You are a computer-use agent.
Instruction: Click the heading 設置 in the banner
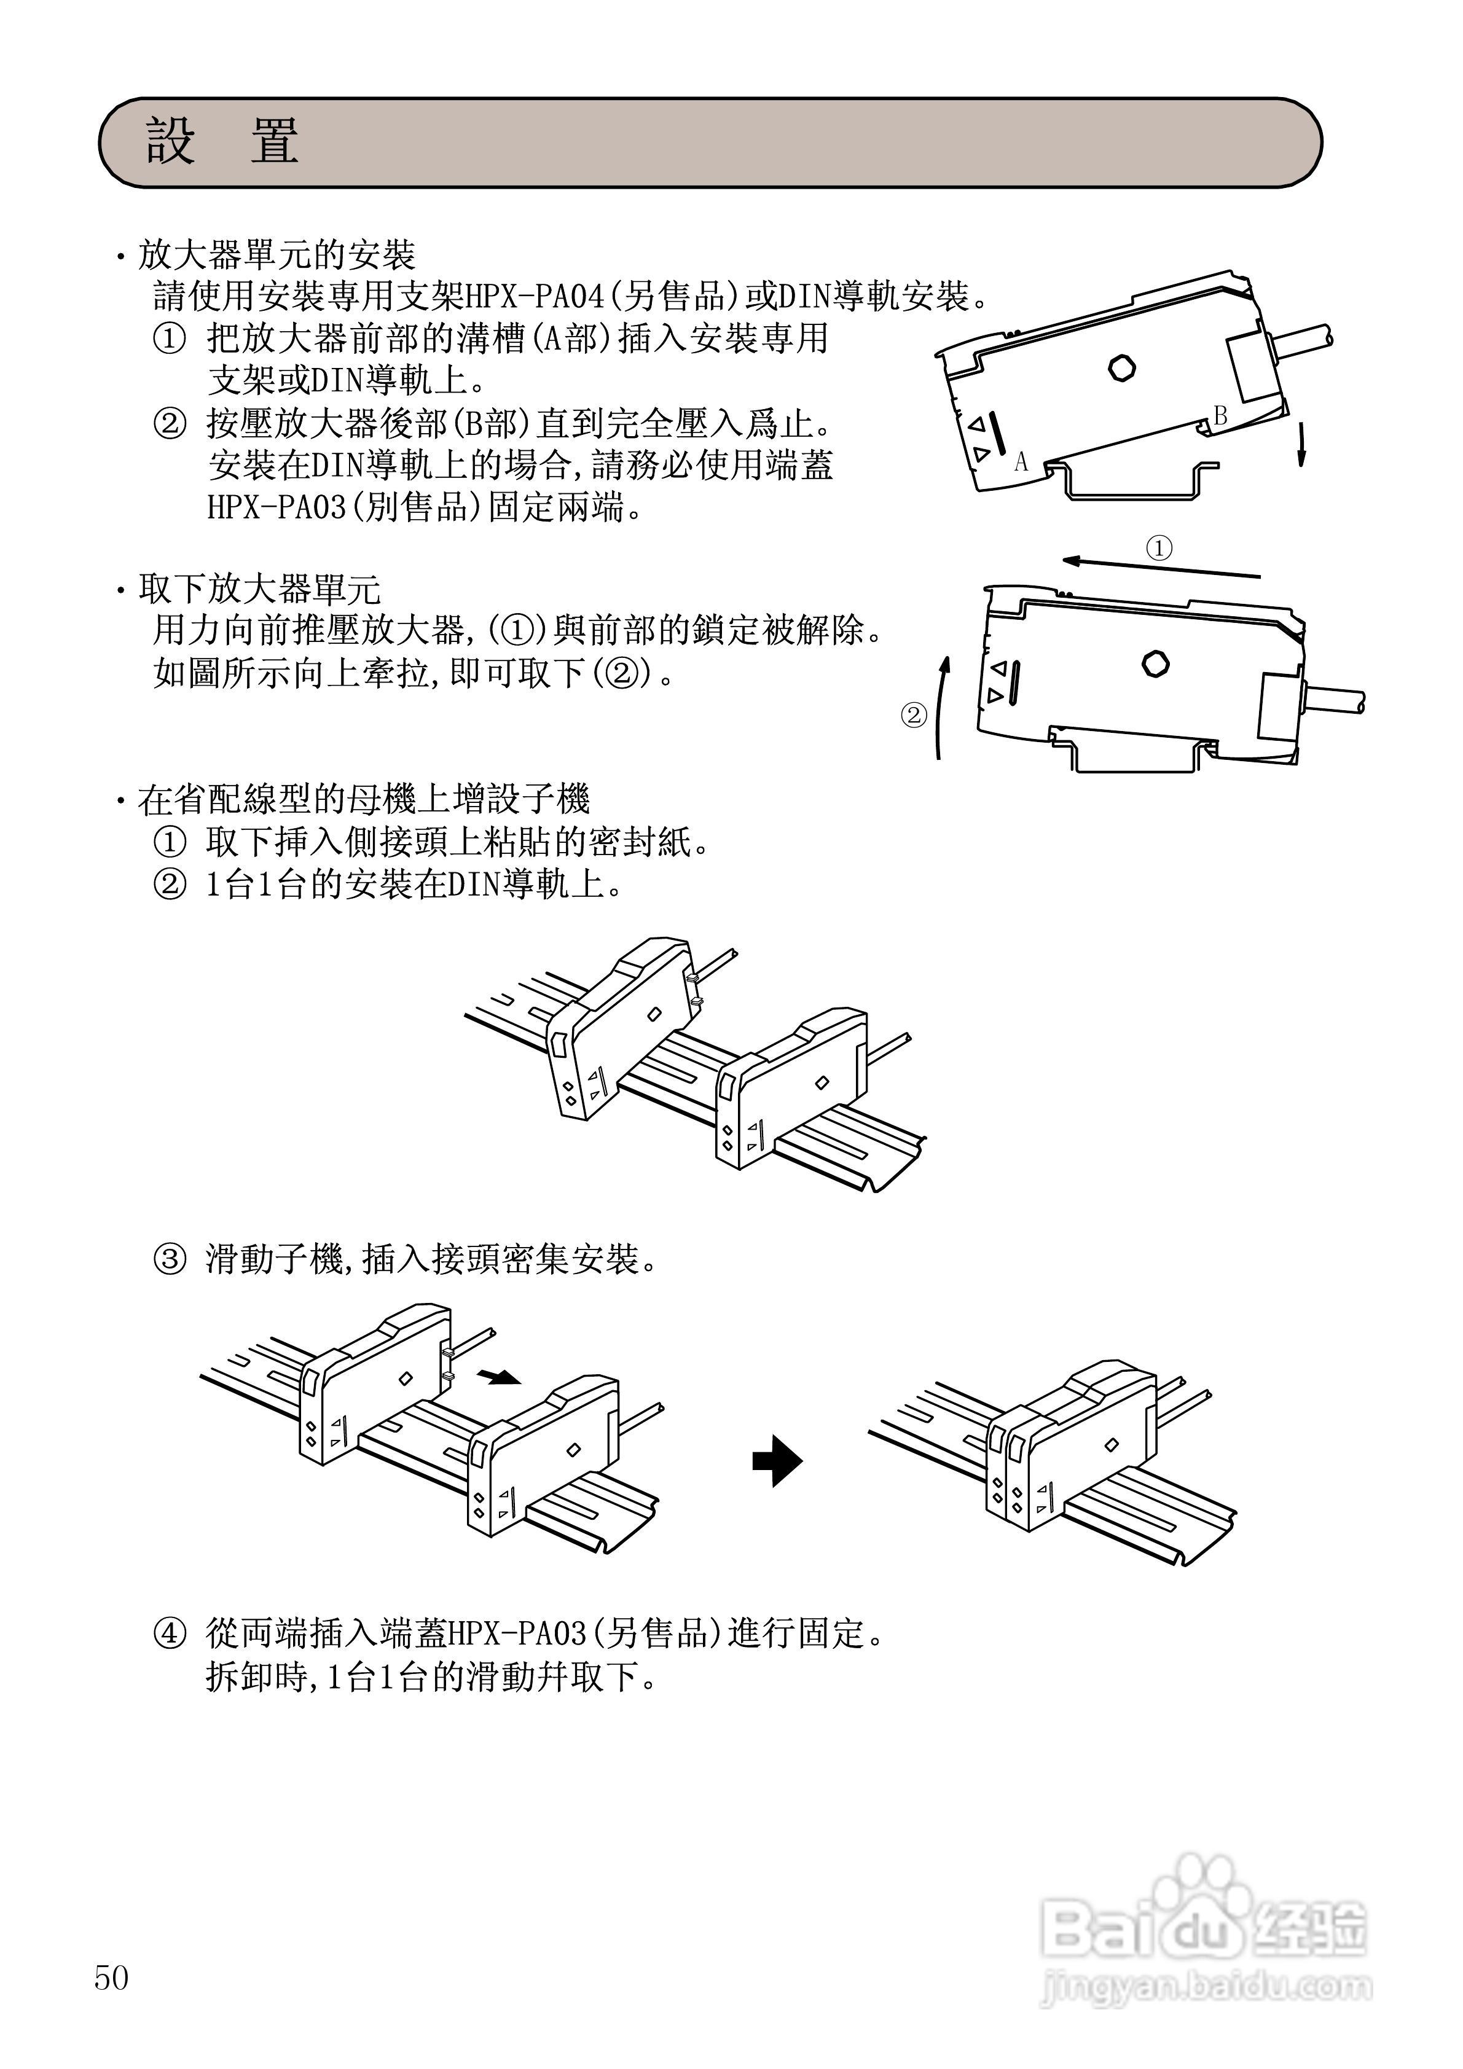(x=222, y=141)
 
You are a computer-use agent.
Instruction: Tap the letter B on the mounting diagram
(x=1220, y=415)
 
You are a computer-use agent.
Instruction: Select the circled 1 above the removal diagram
(x=1159, y=548)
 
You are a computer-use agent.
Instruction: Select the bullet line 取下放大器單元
(x=260, y=589)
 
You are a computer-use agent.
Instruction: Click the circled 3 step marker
(x=170, y=1259)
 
